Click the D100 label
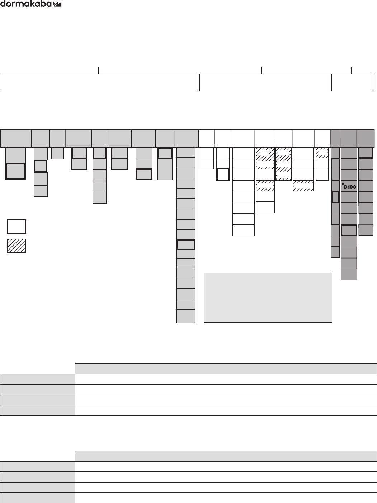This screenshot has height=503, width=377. tap(350, 187)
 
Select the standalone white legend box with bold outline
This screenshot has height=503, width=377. tap(16, 227)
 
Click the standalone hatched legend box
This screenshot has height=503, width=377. tap(16, 246)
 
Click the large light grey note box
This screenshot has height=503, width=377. tap(268, 298)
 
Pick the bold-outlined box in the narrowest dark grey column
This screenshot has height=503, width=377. tap(335, 197)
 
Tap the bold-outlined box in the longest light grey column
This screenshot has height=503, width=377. tap(186, 244)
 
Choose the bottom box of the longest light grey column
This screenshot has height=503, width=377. tap(186, 316)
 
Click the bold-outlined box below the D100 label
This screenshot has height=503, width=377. tap(349, 230)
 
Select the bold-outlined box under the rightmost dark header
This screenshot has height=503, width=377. tap(366, 153)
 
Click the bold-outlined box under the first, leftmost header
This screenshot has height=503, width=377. tap(15, 171)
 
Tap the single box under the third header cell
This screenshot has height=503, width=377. tap(57, 153)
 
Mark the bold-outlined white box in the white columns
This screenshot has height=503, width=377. tap(223, 175)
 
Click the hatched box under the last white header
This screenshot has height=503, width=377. tap(322, 153)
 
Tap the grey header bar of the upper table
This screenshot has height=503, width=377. tap(226, 369)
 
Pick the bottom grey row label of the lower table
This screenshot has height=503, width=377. tap(38, 498)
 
